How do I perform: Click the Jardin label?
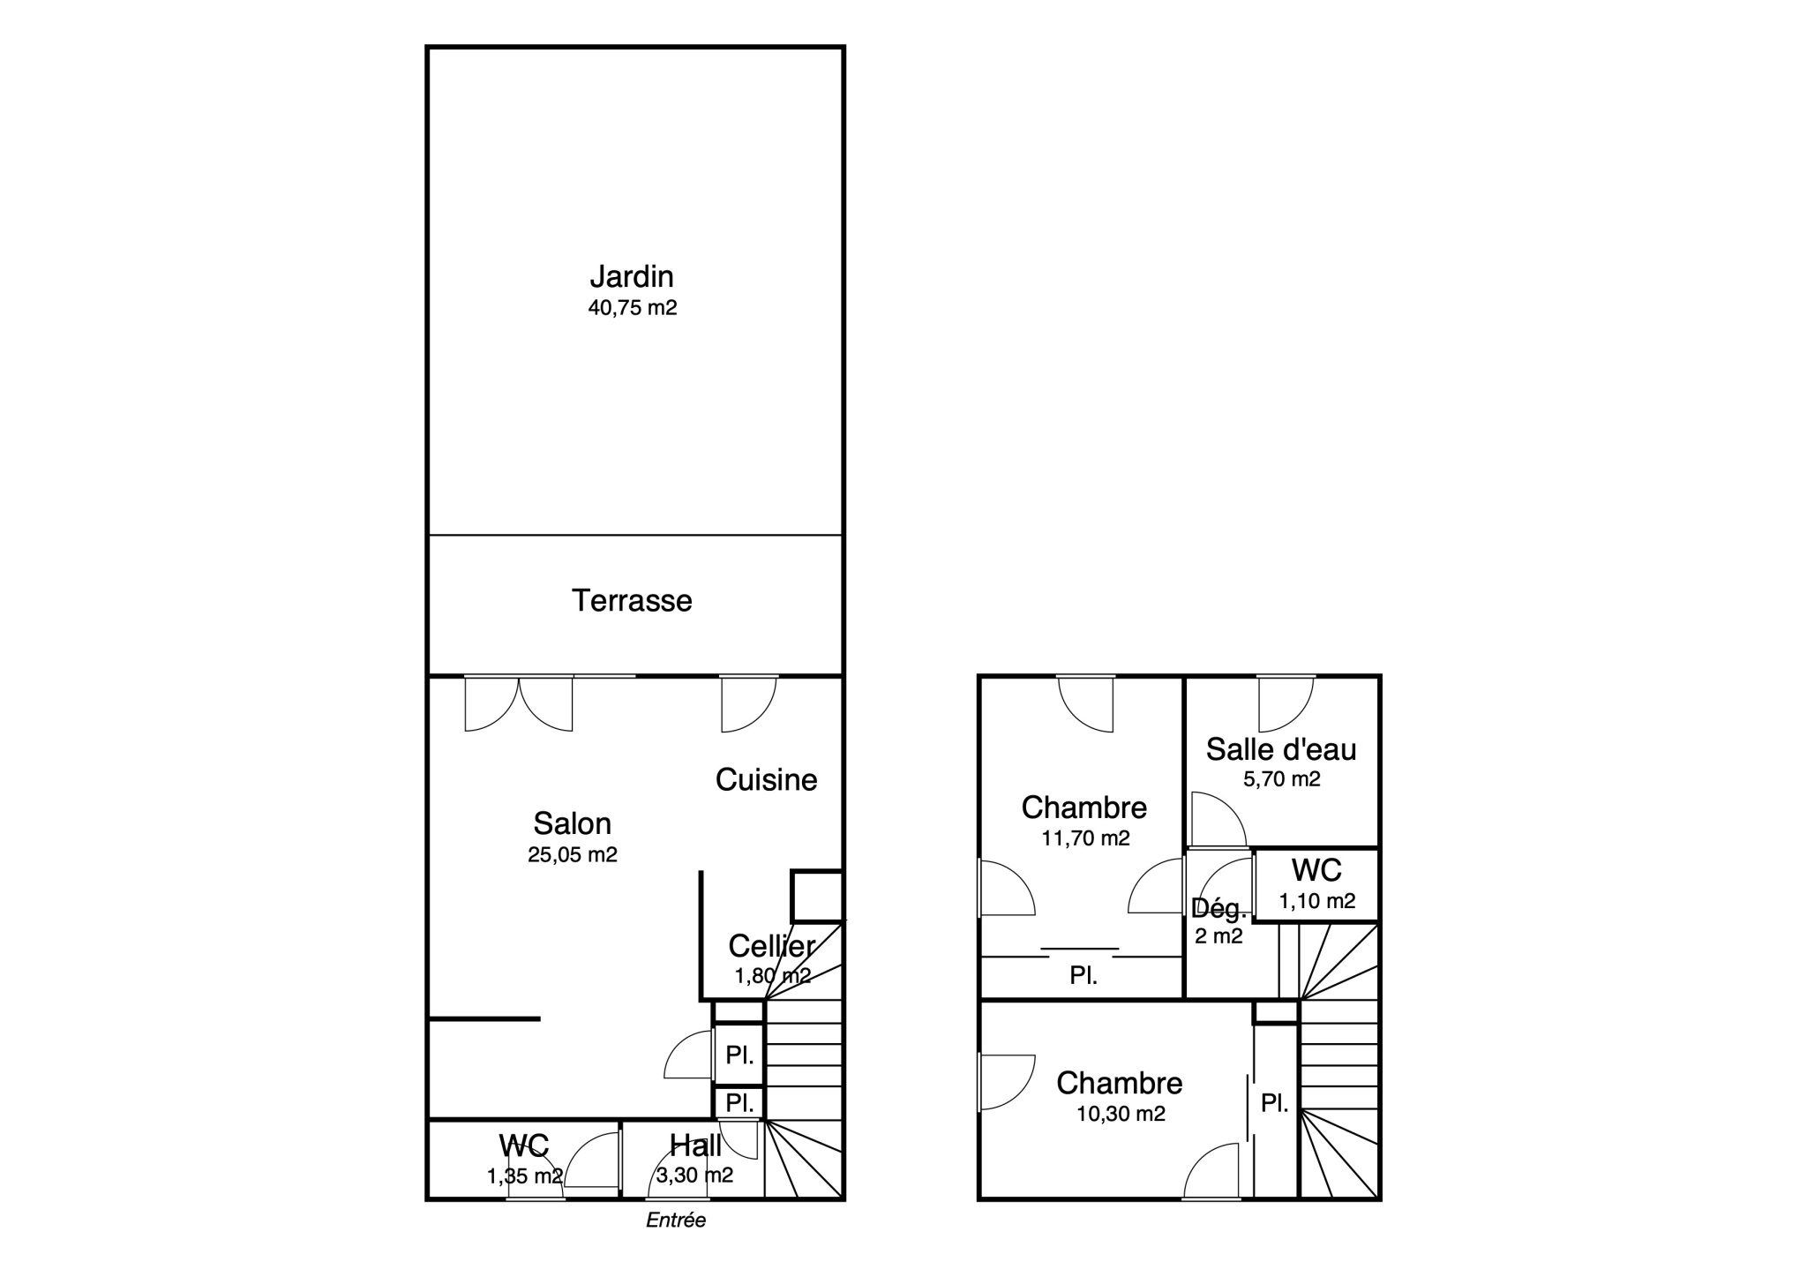(632, 277)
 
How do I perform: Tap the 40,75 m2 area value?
(633, 308)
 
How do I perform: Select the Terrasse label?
(632, 601)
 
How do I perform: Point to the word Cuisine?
(766, 779)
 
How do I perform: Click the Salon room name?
(572, 823)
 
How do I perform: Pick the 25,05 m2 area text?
(573, 854)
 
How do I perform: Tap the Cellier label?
(771, 946)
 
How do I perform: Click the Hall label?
(695, 1146)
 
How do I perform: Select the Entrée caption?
(676, 1221)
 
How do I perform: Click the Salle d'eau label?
(1281, 749)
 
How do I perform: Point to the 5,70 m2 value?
(1282, 779)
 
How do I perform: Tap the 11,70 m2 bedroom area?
(1085, 838)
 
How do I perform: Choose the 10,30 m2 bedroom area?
(1121, 1114)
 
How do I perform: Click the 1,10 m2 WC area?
(1317, 901)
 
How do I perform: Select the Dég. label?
(1219, 908)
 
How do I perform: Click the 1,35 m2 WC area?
(524, 1176)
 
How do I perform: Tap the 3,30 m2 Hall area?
(694, 1176)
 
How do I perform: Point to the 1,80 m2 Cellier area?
(773, 976)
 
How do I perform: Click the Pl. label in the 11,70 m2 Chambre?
(1083, 975)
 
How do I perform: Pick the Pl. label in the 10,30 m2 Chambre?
(1275, 1103)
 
